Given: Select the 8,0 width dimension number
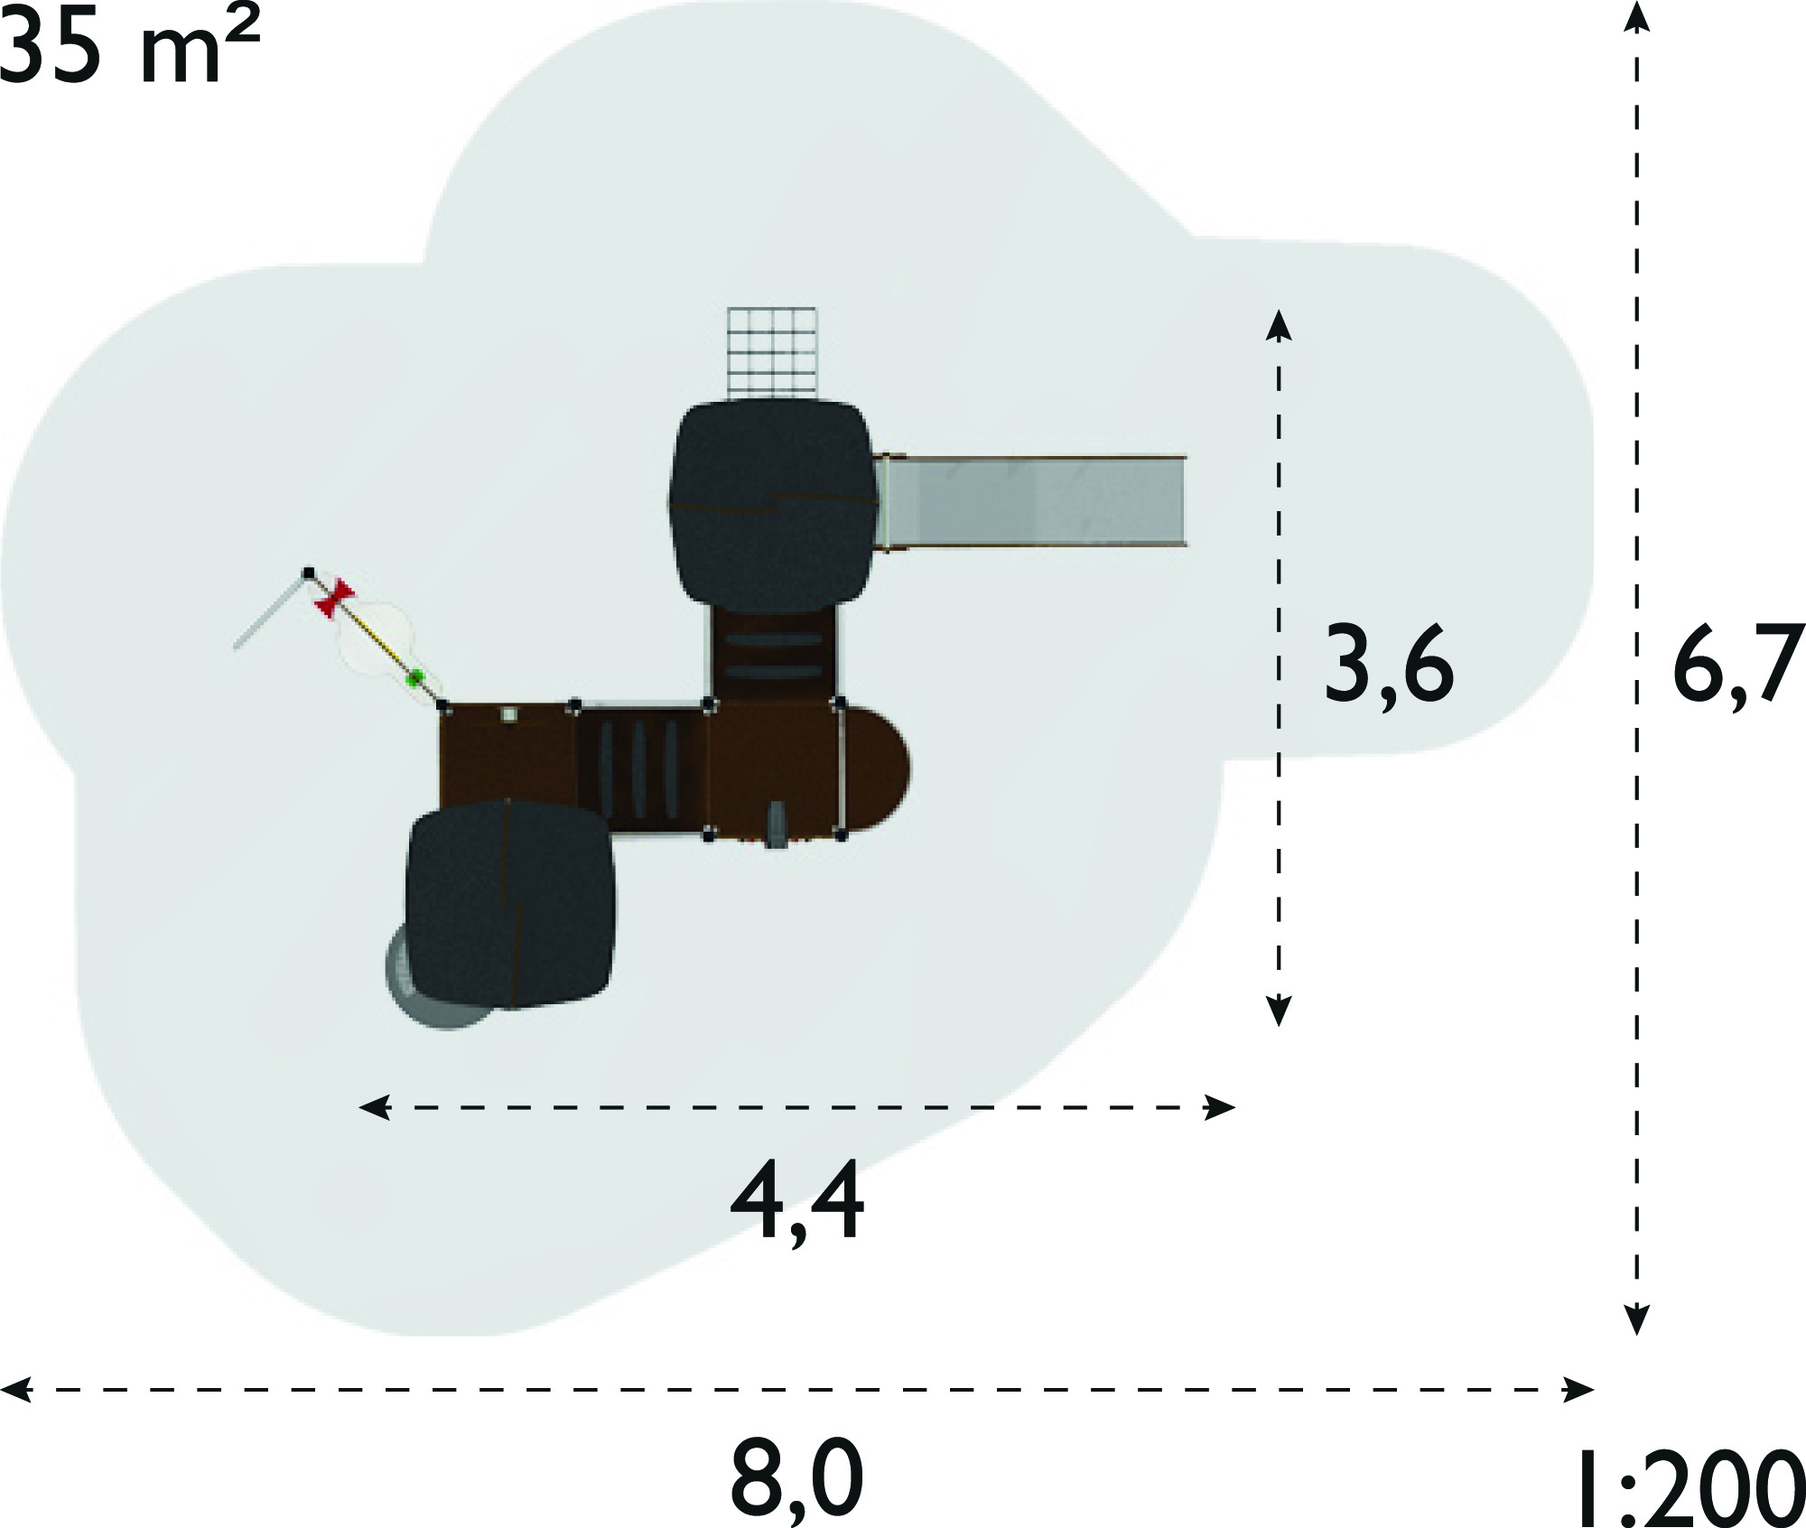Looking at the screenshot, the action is tap(797, 1482).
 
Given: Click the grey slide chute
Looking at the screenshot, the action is tap(1031, 502).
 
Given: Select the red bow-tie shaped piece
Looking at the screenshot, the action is tap(334, 598).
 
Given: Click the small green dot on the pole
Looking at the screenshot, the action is tap(415, 677).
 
